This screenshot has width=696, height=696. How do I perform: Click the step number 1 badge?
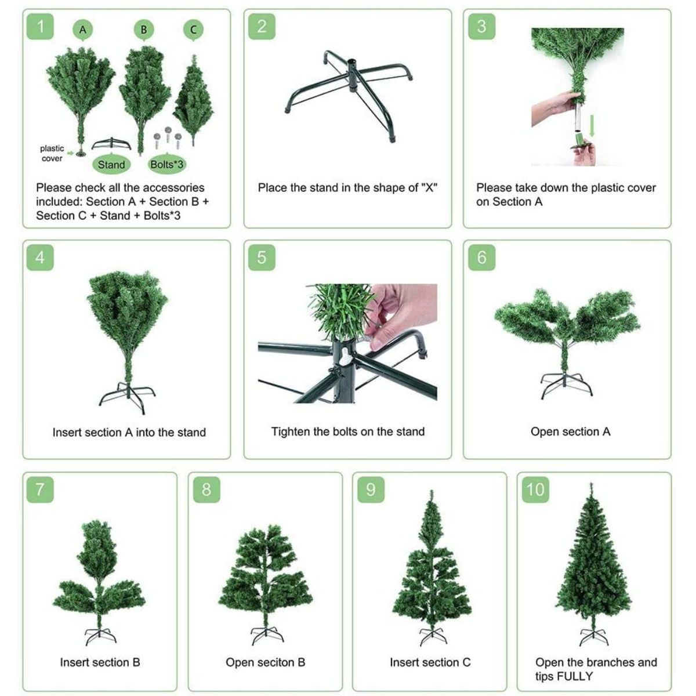[x=40, y=26]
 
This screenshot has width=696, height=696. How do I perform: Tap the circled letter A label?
[x=83, y=30]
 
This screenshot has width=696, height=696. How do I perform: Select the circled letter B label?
[x=144, y=30]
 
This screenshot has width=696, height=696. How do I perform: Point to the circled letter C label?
[x=193, y=30]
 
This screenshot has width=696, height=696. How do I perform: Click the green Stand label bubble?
[x=111, y=165]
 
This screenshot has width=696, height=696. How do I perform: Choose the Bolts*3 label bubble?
[x=166, y=164]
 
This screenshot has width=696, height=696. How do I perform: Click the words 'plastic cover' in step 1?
[x=52, y=153]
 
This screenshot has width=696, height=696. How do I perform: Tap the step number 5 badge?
[x=262, y=258]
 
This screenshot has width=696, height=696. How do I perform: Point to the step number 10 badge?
[x=535, y=490]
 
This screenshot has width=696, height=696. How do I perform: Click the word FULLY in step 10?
[x=575, y=676]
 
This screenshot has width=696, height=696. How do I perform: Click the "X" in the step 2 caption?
[x=429, y=187]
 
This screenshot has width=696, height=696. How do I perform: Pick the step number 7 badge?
[x=40, y=490]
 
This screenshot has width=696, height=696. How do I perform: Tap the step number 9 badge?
[x=371, y=490]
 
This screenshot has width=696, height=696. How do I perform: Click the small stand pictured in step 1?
[x=111, y=143]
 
